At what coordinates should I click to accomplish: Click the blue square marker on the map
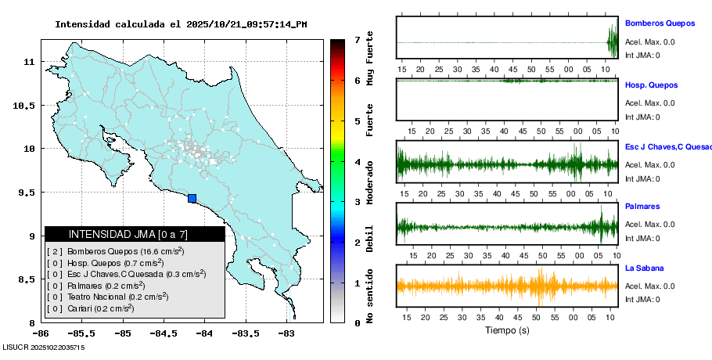pos(192,199)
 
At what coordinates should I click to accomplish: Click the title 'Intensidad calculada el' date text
pos(181,24)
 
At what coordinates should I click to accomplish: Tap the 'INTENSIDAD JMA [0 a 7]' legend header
pos(135,234)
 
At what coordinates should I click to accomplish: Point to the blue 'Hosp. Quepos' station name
pos(652,85)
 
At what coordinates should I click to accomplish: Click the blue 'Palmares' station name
pos(642,207)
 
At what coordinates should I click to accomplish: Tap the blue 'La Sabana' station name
pos(645,268)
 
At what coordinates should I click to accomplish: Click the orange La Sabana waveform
pos(507,286)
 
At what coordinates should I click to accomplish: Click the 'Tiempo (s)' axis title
pos(507,330)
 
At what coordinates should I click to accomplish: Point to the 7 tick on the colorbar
pos(357,39)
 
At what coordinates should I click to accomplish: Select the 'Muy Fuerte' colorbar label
pos(370,59)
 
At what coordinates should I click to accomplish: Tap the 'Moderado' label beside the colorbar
pos(370,181)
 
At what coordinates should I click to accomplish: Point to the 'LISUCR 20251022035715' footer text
pos(44,347)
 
